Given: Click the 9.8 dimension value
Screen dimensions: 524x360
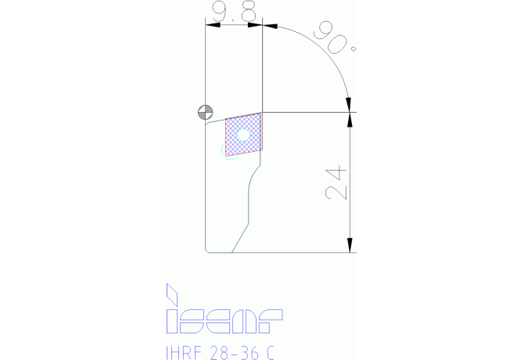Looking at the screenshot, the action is (x=234, y=11).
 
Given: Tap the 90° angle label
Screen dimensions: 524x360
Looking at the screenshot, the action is (x=335, y=38).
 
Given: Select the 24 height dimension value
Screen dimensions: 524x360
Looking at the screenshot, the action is (x=336, y=182).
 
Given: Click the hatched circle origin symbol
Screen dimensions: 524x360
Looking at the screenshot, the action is (x=206, y=112).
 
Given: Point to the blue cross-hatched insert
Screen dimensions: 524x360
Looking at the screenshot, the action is (x=244, y=135).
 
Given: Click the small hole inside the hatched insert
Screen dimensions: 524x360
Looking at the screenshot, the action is (x=243, y=135).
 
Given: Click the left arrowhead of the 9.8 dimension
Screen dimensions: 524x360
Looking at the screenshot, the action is (x=213, y=25).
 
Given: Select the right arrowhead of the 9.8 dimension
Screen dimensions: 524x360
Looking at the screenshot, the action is (x=255, y=25).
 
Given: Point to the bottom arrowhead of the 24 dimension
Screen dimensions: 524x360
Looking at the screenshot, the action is (x=350, y=245).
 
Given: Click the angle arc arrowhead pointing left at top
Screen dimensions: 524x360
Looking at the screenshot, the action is (x=270, y=26).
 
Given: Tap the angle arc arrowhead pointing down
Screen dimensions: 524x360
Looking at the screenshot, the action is (x=349, y=105).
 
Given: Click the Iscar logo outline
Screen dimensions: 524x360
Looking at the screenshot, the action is (x=224, y=309).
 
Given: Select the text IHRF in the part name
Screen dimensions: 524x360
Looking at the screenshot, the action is (x=184, y=353).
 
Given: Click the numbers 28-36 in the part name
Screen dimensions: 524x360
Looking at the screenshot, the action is (x=235, y=353).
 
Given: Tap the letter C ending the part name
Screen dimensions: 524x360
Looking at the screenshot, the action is (x=271, y=353).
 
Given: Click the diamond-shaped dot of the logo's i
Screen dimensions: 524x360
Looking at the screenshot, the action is (x=172, y=294).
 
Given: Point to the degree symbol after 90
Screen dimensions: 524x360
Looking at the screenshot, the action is (x=354, y=49).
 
